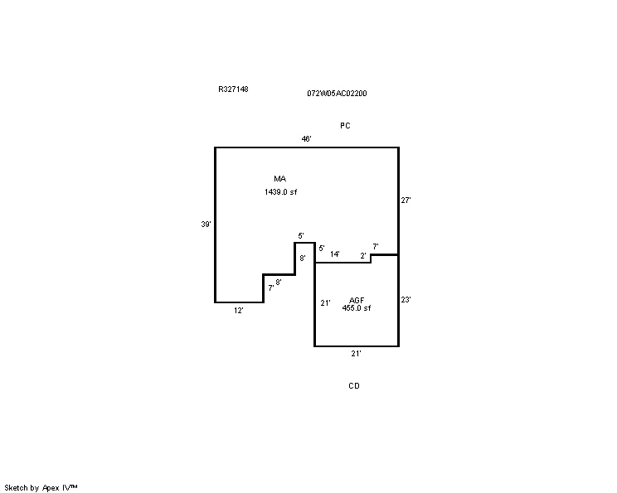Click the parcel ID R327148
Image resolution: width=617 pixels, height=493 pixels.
point(233,89)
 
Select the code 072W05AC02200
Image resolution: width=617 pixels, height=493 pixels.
point(337,94)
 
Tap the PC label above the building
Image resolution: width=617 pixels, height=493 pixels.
point(345,126)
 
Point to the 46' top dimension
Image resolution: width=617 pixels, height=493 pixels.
point(307,138)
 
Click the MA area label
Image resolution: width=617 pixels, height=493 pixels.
point(279,179)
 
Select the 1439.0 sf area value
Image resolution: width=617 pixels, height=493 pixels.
point(280,192)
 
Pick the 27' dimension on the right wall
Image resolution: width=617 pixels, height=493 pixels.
point(406,201)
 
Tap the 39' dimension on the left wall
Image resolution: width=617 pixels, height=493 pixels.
point(206,225)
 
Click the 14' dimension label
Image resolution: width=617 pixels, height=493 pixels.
point(335,254)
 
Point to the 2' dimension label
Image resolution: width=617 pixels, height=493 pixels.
point(362,256)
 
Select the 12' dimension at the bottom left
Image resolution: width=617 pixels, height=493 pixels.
point(239,311)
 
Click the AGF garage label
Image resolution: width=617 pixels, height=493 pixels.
point(357,301)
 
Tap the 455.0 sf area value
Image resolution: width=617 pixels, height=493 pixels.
point(357,308)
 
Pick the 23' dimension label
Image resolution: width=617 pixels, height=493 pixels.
point(406,300)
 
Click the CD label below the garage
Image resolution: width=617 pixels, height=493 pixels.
point(354,386)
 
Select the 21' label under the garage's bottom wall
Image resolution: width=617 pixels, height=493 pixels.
point(356,354)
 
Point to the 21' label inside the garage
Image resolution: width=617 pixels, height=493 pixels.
point(325,303)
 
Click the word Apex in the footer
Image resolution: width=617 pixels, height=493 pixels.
point(51,488)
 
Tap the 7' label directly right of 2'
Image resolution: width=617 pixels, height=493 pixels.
point(376,247)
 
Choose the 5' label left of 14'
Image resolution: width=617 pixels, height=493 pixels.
point(322,249)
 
